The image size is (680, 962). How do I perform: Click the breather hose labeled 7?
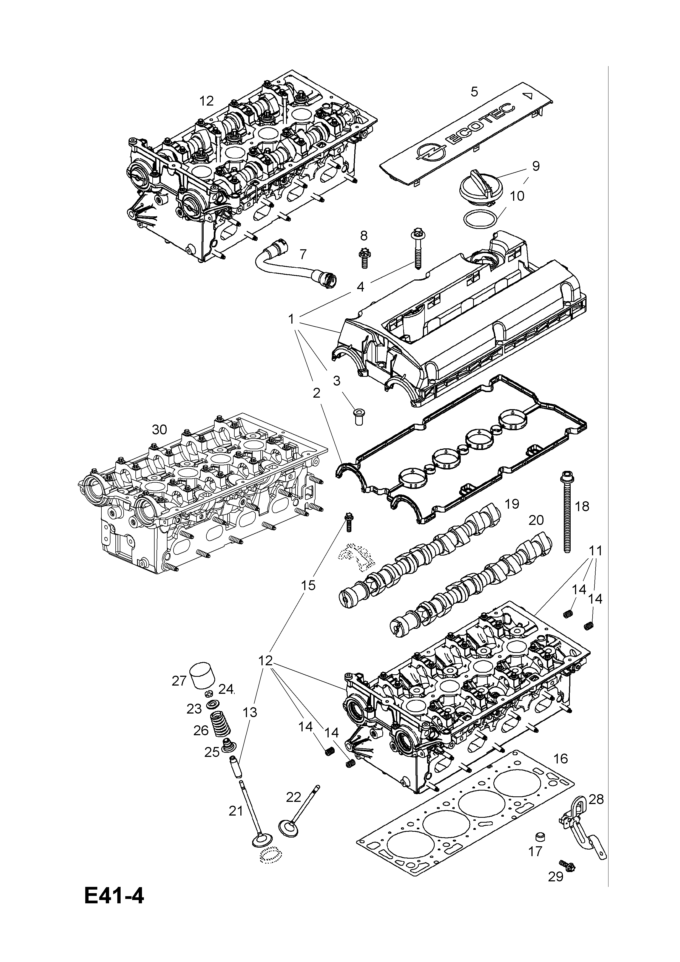(293, 264)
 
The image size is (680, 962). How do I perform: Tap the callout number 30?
(159, 429)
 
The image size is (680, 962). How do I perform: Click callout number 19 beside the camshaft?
(512, 504)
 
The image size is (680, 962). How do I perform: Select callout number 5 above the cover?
(474, 91)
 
